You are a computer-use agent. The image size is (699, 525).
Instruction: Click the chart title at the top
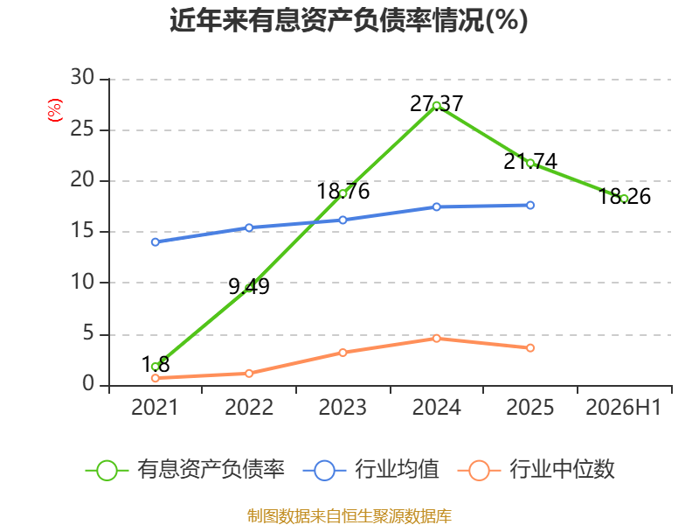pos(349,20)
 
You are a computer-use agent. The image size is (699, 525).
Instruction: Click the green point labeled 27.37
pos(436,106)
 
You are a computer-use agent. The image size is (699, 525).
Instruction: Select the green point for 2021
pos(156,367)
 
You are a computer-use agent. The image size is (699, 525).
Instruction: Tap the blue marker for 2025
pos(530,206)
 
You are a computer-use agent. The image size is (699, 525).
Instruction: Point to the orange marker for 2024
pos(436,339)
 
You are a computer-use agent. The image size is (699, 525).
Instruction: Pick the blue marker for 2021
pos(156,242)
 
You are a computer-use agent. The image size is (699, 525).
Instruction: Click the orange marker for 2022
pos(249,374)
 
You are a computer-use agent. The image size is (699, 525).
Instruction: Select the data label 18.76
pos(343,191)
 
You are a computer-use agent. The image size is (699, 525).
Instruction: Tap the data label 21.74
pos(530,161)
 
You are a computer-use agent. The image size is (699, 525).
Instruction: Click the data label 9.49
pos(249,286)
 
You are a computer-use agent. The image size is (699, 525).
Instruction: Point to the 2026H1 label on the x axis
pos(623,407)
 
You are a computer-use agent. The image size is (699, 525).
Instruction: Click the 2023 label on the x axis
pos(343,407)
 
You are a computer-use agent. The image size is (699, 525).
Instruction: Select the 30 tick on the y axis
pos(82,77)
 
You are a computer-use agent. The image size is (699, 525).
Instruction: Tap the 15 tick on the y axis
pos(82,231)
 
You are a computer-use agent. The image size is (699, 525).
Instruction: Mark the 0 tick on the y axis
pos(88,384)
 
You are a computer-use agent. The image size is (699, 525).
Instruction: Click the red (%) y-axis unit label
pos(54,110)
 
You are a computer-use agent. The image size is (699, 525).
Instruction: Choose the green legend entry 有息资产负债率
pos(185,470)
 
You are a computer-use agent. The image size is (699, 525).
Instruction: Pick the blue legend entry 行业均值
pos(370,470)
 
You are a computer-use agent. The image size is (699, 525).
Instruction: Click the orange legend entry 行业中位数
pos(536,470)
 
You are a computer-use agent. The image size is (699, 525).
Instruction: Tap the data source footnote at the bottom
pos(349,515)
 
